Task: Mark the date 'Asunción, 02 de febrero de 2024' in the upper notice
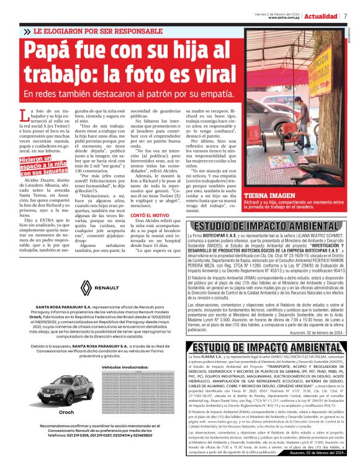(315, 332)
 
